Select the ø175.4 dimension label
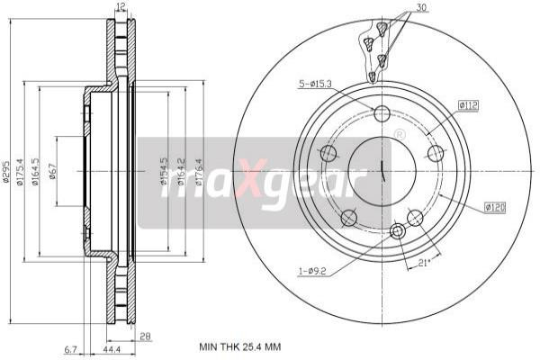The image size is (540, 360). point(20,170)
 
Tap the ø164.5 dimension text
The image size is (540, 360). point(33,170)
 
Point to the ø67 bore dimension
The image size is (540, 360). point(52,170)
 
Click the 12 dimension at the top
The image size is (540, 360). point(120,7)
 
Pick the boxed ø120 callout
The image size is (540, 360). point(493,207)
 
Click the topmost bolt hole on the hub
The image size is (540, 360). point(382,113)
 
